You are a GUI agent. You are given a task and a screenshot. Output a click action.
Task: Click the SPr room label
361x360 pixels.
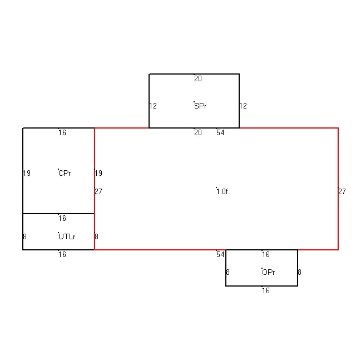point(200,106)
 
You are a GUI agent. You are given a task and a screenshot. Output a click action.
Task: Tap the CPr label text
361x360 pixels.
point(65,173)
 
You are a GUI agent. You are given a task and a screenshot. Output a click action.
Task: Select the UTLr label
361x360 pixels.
point(67,236)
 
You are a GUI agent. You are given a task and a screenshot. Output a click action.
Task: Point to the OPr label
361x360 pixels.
point(269,272)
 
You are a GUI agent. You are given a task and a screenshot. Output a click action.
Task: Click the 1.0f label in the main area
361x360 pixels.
point(222,191)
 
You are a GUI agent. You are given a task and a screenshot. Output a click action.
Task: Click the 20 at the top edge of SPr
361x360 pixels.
point(198,79)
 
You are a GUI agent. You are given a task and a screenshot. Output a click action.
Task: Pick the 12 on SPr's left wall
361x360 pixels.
point(153,106)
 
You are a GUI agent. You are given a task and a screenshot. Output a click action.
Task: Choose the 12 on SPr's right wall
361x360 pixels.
point(243,106)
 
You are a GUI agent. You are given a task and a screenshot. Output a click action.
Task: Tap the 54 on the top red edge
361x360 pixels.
point(220,132)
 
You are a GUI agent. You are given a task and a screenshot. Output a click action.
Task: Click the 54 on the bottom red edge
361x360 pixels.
point(220,254)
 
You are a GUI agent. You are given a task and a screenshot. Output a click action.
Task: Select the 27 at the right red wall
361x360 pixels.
point(342,191)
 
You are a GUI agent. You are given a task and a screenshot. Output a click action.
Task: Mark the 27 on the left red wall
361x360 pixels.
point(98,191)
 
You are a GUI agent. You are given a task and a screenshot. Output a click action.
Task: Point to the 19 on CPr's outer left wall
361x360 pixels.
point(27,173)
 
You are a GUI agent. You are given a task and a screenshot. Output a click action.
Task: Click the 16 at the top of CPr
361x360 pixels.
point(62,132)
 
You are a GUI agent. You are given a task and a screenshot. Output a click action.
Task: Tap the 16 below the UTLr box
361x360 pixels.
point(62,254)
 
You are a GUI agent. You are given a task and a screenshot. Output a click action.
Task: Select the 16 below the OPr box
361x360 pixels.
point(266,290)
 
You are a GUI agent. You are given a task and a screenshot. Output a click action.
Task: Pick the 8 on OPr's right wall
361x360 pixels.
point(299,272)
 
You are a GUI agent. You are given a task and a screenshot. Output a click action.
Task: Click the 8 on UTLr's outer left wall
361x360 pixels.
point(25,236)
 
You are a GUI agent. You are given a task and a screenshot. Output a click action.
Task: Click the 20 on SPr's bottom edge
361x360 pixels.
point(198,132)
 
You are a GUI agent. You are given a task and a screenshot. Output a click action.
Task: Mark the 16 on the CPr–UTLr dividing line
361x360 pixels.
point(62,218)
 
